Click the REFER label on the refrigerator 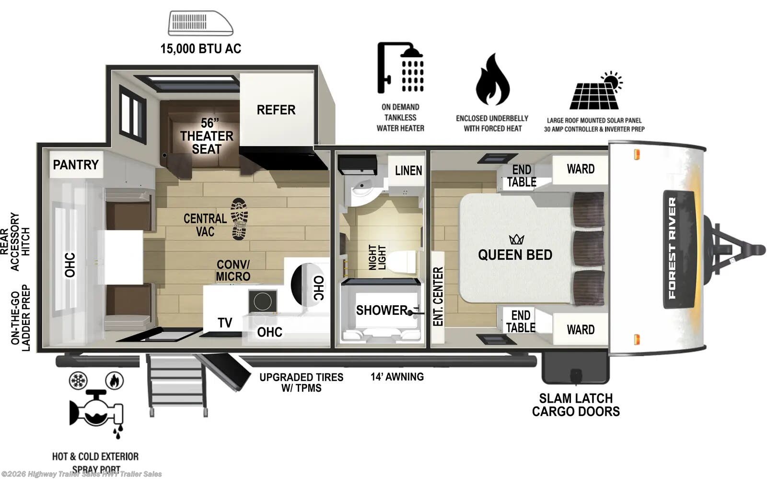276,110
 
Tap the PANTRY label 76,165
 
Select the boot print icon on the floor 240,219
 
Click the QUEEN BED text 515,255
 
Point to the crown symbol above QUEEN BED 516,239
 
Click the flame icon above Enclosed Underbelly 492,80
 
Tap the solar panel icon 595,92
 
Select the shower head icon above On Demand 401,67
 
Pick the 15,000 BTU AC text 200,48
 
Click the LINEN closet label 408,170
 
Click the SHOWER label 382,311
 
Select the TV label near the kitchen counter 225,323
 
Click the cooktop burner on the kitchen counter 263,302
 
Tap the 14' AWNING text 397,377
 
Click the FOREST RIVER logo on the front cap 678,248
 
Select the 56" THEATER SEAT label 207,136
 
